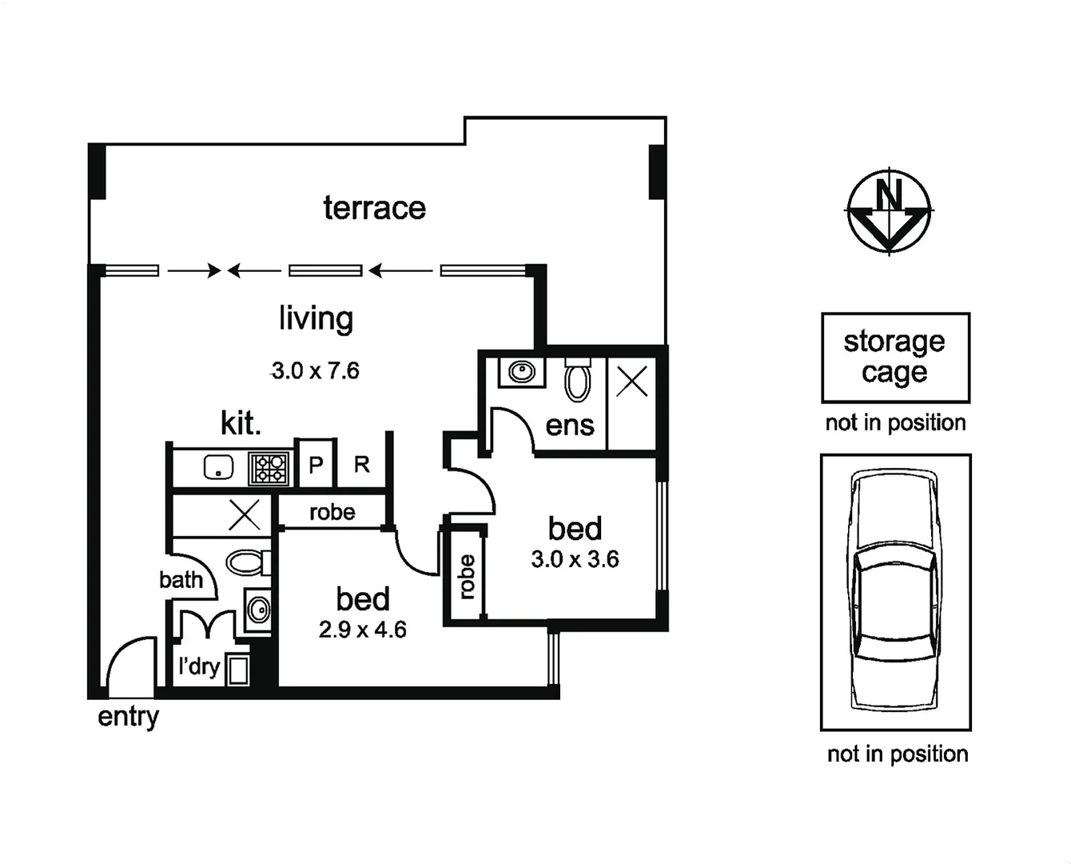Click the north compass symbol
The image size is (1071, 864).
889,211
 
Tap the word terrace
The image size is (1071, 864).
374,208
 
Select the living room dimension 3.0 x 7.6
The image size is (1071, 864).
316,371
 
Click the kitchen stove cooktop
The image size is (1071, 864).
269,469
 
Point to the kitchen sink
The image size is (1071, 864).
217,467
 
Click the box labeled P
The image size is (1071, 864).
316,465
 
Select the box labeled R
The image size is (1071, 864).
362,465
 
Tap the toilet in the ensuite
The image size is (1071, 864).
577,380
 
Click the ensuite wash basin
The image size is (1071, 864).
521,372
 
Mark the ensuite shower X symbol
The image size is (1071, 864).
632,382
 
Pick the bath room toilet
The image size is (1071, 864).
246,562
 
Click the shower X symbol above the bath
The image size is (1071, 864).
245,515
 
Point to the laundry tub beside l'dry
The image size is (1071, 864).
237,670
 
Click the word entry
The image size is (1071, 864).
128,717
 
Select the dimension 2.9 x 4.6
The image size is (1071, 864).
362,630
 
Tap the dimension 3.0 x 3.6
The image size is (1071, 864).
575,559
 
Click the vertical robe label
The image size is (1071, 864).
467,577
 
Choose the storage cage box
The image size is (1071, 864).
895,357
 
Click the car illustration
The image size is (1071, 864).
894,591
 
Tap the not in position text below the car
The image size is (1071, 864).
898,754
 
